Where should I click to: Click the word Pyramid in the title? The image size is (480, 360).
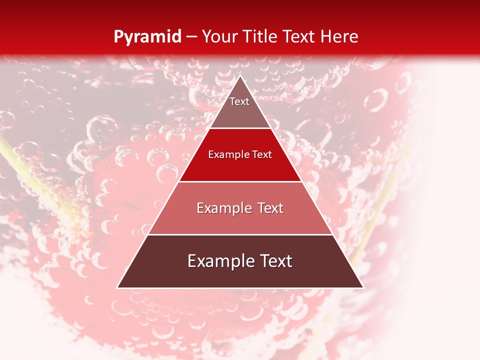click(147, 36)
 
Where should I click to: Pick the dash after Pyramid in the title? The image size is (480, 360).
click(191, 37)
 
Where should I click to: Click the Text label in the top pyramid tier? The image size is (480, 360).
click(239, 101)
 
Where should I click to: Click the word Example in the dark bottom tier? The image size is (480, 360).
click(217, 261)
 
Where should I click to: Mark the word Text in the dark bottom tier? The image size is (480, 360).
click(274, 261)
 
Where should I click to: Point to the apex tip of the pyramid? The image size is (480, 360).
click(240, 76)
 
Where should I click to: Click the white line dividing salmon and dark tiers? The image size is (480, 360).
click(240, 234)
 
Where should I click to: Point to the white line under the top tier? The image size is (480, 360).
click(240, 128)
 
